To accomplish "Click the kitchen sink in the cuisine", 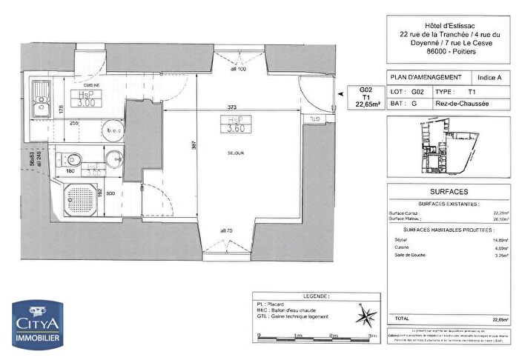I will [x=39, y=95].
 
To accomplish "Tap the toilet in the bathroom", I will [x=73, y=160].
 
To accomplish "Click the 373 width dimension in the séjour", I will [x=233, y=107].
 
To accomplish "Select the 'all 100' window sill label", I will [x=237, y=69].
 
